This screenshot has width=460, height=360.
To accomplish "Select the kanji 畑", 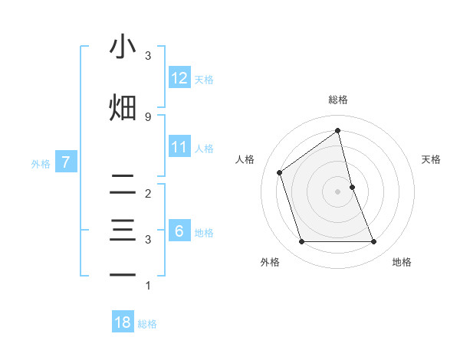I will (x=123, y=106).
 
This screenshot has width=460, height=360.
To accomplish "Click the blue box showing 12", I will (x=179, y=77).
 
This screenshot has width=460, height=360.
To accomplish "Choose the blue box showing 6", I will (x=179, y=231).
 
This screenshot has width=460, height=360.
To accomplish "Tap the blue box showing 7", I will (x=66, y=162).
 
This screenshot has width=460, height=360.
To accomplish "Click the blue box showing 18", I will (x=123, y=322).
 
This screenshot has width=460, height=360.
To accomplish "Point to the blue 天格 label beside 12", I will (x=204, y=79).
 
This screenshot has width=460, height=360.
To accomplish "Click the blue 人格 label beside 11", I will (x=204, y=148).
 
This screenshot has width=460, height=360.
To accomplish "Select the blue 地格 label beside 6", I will (x=204, y=232).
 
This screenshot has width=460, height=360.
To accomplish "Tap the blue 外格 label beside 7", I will (x=41, y=163).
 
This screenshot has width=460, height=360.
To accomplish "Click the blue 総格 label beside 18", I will (x=147, y=324).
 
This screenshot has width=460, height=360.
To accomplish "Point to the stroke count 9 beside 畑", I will (x=148, y=116).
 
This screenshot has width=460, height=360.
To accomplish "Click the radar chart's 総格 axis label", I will (x=337, y=100).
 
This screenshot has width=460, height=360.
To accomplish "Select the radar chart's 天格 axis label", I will (x=432, y=159).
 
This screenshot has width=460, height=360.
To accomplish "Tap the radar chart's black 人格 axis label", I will (x=245, y=159).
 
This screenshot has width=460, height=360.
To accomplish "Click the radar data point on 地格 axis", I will (x=374, y=242).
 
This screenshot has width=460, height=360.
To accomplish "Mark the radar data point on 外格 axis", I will (x=301, y=242).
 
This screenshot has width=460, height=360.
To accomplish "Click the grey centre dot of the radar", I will (x=337, y=191).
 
